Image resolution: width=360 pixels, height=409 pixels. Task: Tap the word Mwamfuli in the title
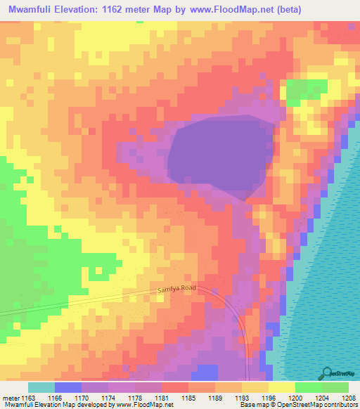(32, 9)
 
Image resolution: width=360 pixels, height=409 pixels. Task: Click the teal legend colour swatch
(41, 388)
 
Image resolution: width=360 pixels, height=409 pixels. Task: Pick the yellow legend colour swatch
(281, 388)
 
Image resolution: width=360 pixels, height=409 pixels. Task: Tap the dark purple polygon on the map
(214, 158)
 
